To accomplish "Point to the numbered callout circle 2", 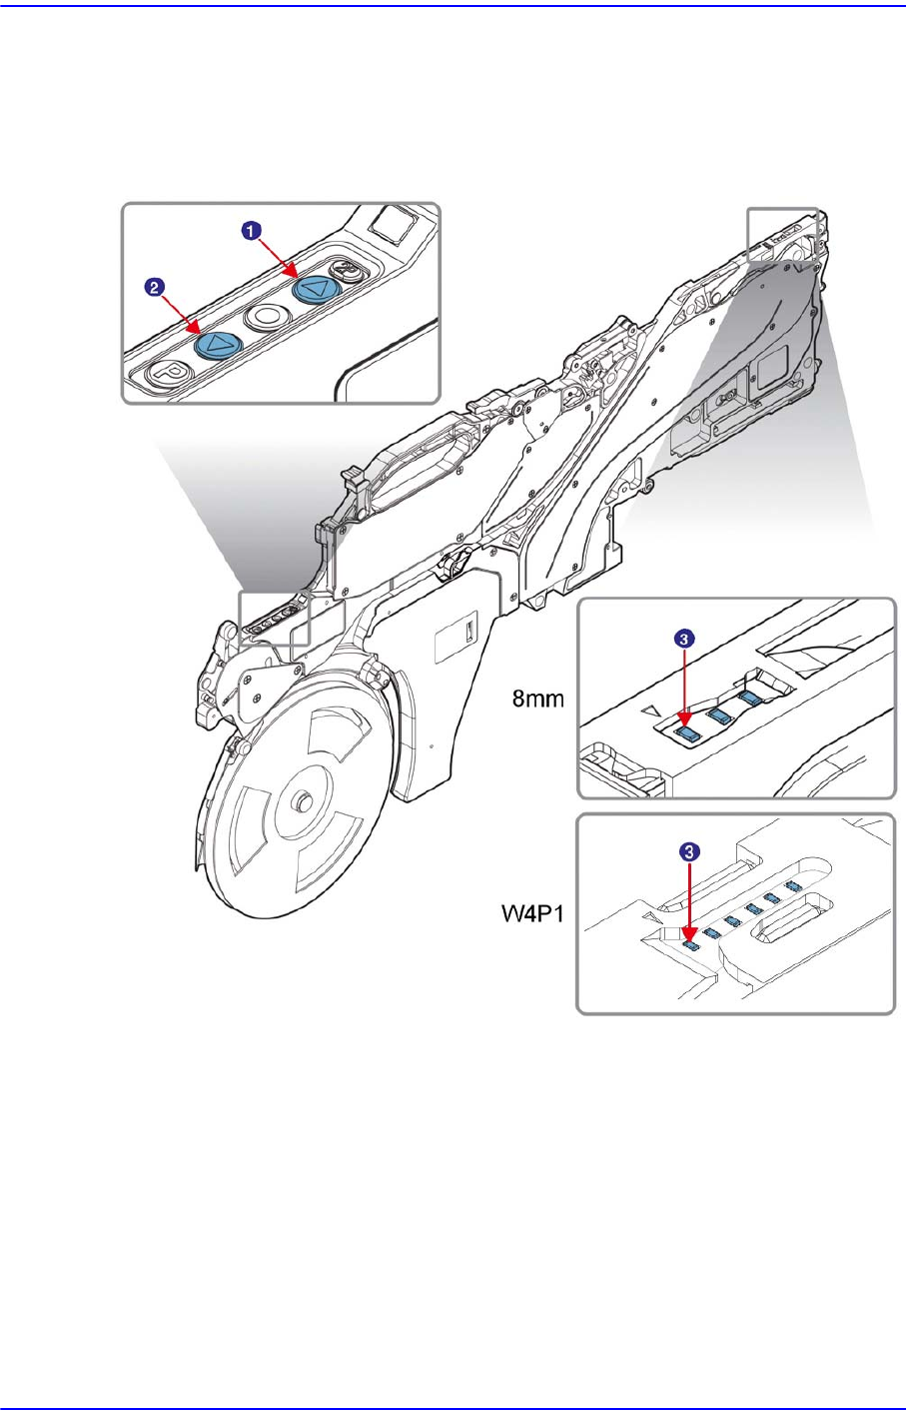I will click(x=154, y=287).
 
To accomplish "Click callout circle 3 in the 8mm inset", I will click(x=682, y=638).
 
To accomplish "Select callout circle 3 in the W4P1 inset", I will click(x=688, y=851).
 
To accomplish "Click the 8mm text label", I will click(x=538, y=700).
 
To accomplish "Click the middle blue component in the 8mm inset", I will click(x=716, y=715).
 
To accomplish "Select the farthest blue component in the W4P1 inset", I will click(x=793, y=886).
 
